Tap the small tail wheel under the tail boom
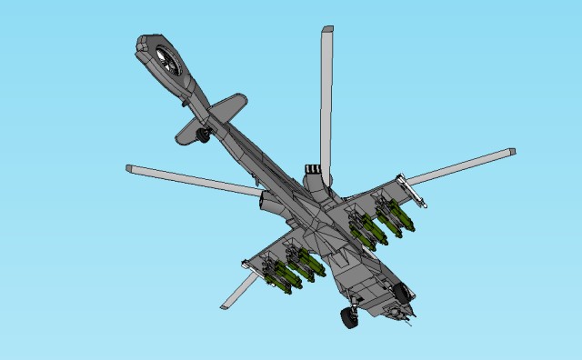(203, 135)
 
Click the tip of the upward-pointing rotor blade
(326, 33)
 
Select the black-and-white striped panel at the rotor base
(312, 168)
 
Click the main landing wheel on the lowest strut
(348, 316)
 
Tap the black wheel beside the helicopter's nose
(401, 292)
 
